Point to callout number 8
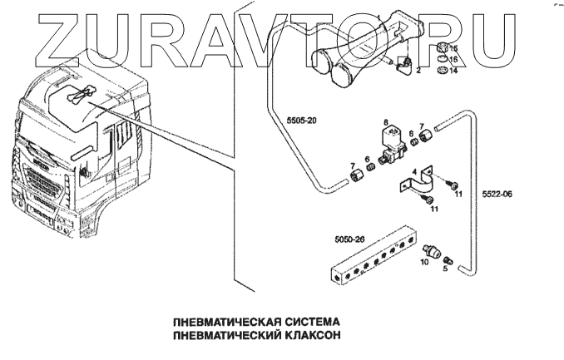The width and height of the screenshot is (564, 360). [x=384, y=122]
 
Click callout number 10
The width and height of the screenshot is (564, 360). [x=423, y=262]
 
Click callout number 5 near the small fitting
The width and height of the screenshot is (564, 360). [x=444, y=268]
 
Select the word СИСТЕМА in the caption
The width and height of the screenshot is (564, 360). [x=306, y=321]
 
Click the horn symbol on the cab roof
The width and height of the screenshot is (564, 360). [x=74, y=97]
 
